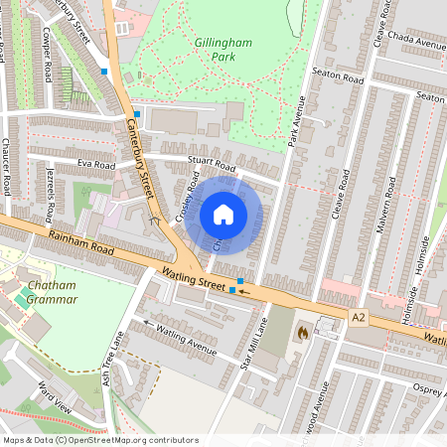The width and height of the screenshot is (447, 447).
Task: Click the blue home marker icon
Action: [223, 215]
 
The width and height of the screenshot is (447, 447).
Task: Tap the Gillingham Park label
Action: [223, 51]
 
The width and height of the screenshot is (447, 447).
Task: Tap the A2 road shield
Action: [360, 316]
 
